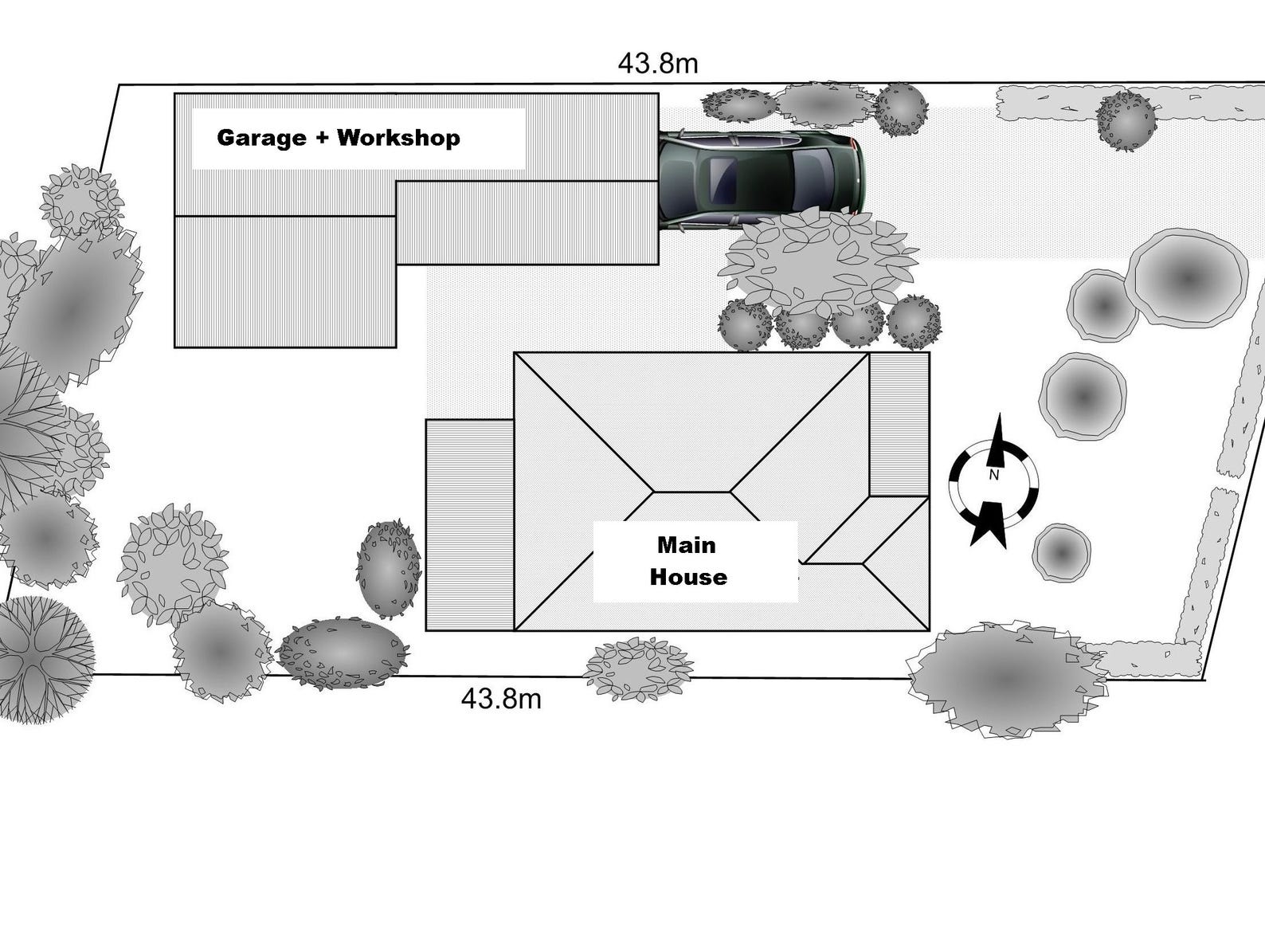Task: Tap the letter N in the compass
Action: pyautogui.click(x=993, y=476)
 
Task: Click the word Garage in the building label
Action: pyautogui.click(x=260, y=138)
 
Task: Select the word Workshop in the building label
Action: pyautogui.click(x=398, y=138)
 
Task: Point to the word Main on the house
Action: pyautogui.click(x=686, y=546)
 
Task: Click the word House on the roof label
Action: pyautogui.click(x=688, y=578)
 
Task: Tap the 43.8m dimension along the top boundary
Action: pyautogui.click(x=658, y=64)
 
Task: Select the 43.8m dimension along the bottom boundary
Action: pyautogui.click(x=501, y=699)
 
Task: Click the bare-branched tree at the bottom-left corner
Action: pyautogui.click(x=44, y=659)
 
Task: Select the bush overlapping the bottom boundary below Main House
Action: pyautogui.click(x=637, y=669)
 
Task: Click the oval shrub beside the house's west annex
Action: pyautogui.click(x=388, y=569)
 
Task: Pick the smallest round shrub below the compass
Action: pyautogui.click(x=1061, y=552)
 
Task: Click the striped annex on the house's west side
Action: pyautogui.click(x=469, y=525)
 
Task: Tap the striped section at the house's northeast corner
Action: pyautogui.click(x=899, y=424)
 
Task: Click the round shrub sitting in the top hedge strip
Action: pyautogui.click(x=1125, y=120)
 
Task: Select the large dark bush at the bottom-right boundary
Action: pyautogui.click(x=1005, y=679)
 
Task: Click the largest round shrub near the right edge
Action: pyautogui.click(x=1187, y=278)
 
